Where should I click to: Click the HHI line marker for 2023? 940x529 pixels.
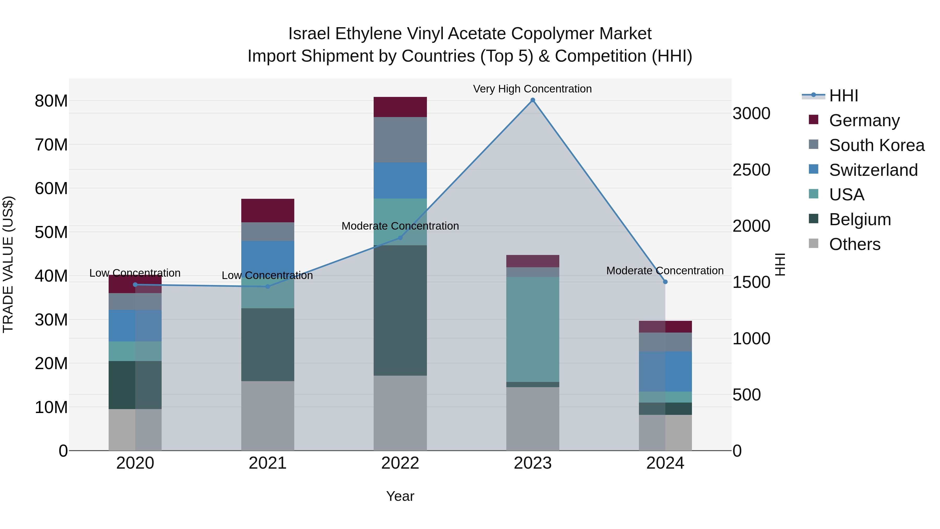(532, 100)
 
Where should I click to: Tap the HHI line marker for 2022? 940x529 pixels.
(400, 238)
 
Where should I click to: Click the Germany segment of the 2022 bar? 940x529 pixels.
(400, 107)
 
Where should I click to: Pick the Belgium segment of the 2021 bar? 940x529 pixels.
(267, 344)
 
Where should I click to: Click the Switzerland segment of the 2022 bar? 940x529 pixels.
(400, 180)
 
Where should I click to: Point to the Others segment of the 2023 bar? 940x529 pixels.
(532, 418)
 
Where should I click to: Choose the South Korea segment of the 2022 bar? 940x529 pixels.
(400, 139)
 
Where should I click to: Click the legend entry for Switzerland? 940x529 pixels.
(873, 170)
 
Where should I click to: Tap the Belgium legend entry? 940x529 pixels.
(860, 219)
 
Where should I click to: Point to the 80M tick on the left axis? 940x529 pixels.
(51, 101)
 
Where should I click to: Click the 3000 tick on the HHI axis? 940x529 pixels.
(751, 114)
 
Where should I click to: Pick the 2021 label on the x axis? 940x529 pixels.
(267, 463)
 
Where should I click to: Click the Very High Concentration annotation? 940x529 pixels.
(532, 89)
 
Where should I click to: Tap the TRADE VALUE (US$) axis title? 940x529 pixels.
(8, 264)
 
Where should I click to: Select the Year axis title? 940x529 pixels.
(400, 496)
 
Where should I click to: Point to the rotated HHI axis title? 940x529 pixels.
(779, 264)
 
